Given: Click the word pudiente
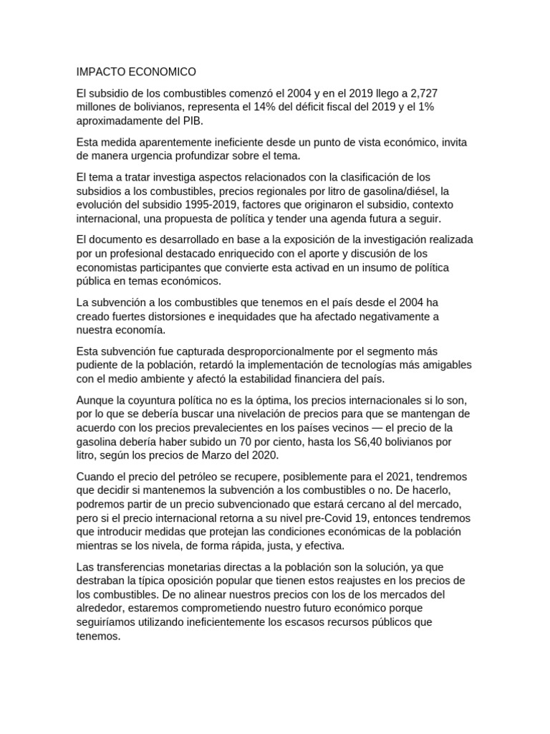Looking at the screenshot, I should point(101,365).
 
